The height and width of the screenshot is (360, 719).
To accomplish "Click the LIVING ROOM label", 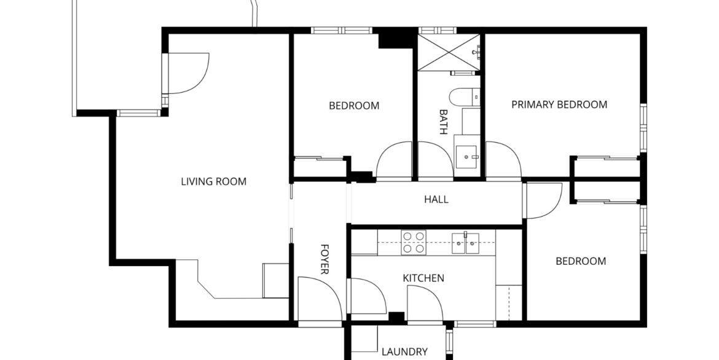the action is tap(214, 182).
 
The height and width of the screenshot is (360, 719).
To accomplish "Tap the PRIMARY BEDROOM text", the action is tap(559, 104).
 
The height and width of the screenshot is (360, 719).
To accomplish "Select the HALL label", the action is tap(436, 200).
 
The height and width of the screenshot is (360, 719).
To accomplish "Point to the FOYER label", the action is tap(324, 259).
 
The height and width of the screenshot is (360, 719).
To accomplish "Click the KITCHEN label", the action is tap(423, 278).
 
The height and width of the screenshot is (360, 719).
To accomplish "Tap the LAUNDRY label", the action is tap(404, 352).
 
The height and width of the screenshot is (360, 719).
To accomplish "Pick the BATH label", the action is tap(443, 122).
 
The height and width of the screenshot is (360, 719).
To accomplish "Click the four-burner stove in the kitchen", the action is tap(413, 242).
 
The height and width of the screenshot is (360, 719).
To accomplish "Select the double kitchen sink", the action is tap(465, 243).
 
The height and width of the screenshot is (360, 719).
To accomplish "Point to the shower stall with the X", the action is tap(449, 52).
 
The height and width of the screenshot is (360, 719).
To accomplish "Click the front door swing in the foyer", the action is tap(320, 299).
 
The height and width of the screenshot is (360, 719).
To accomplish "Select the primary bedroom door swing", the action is tap(503, 160).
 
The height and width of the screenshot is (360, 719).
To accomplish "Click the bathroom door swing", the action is tap(436, 160).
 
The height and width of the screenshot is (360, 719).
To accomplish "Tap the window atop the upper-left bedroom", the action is tap(342, 30).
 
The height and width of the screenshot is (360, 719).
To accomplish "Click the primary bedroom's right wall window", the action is tap(643, 128).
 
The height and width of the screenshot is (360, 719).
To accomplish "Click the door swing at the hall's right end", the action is tap(543, 201).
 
